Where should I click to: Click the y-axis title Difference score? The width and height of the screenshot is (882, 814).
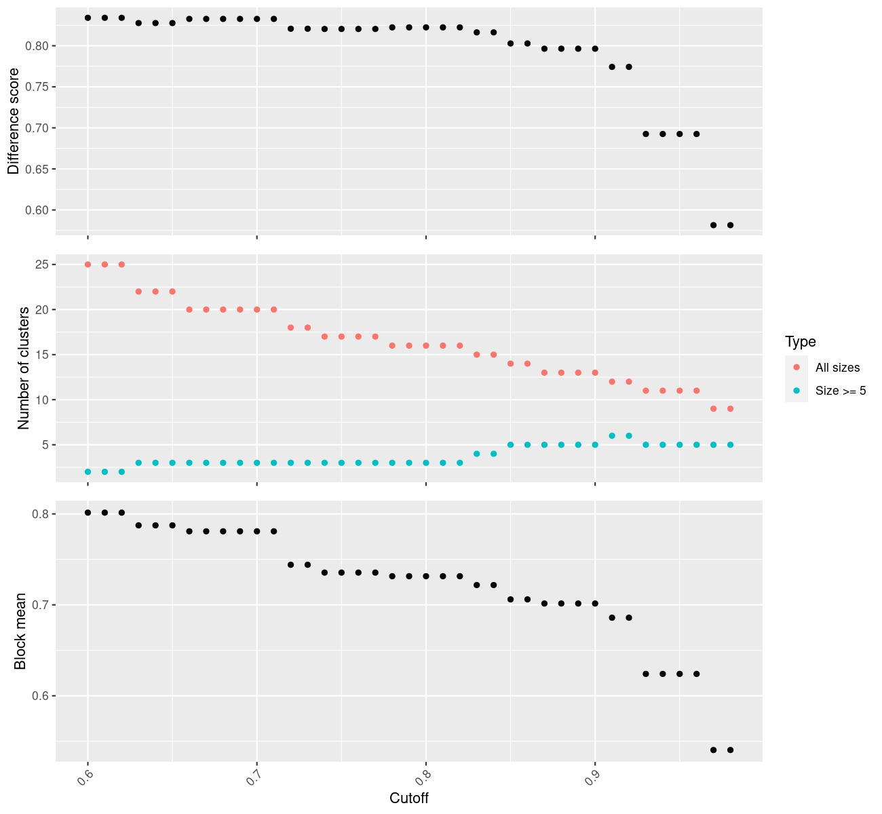(x=14, y=121)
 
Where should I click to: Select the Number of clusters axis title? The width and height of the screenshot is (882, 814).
(x=24, y=368)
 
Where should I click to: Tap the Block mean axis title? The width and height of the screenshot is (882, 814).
(x=21, y=631)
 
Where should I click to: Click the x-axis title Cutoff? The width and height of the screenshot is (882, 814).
(x=409, y=798)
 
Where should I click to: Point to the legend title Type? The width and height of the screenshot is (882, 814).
(x=800, y=342)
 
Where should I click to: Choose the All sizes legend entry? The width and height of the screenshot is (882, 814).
(x=837, y=368)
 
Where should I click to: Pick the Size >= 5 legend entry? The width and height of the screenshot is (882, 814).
(x=841, y=391)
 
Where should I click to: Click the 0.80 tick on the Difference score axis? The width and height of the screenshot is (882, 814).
(x=37, y=46)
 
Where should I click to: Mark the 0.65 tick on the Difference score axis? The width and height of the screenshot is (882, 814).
(x=37, y=169)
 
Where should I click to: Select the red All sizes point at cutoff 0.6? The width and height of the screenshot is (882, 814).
(x=88, y=265)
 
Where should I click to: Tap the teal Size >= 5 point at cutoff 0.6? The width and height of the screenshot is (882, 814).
(x=88, y=471)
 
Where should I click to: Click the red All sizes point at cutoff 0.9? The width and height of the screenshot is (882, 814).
(x=595, y=372)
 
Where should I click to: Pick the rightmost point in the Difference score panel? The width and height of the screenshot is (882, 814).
(x=730, y=225)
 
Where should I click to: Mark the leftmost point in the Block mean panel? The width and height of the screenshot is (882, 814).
(x=88, y=513)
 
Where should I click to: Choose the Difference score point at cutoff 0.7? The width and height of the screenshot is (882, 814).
(x=256, y=19)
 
